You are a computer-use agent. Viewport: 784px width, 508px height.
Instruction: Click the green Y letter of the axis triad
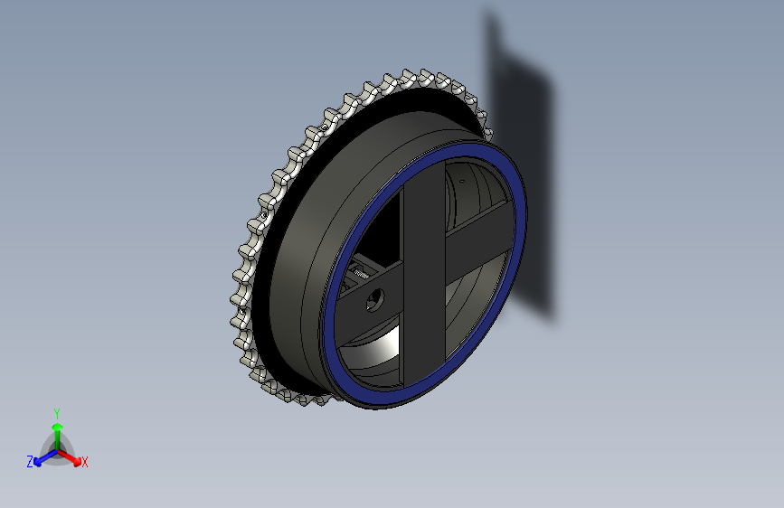pyautogui.click(x=57, y=412)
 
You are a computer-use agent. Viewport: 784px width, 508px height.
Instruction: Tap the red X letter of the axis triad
pyautogui.click(x=85, y=463)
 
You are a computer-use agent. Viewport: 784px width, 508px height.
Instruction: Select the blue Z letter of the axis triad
pyautogui.click(x=30, y=462)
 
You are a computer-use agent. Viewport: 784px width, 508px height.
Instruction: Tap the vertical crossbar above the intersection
pyautogui.click(x=423, y=203)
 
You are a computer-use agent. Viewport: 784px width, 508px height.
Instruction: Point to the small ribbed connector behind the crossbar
pyautogui.click(x=362, y=270)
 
